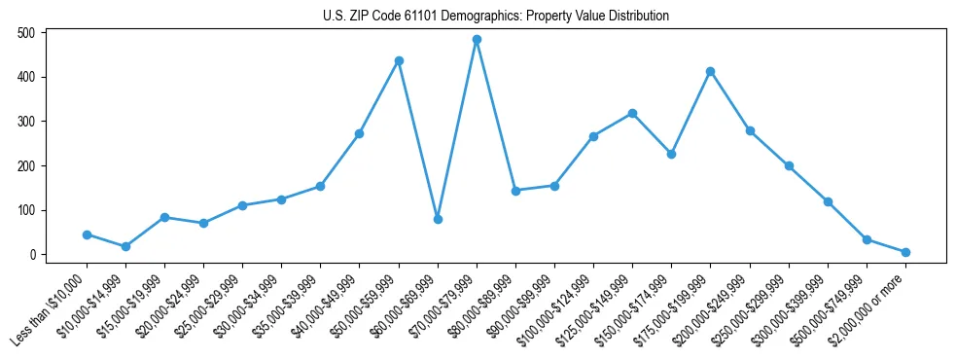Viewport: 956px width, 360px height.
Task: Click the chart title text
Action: coord(496,16)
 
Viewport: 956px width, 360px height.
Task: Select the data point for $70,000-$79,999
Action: coord(477,40)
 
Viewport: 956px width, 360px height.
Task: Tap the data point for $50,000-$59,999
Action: coord(399,60)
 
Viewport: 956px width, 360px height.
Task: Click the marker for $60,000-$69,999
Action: coord(438,219)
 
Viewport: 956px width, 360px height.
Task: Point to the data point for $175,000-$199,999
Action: coord(711,71)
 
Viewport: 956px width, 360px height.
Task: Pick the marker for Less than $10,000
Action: coord(87,234)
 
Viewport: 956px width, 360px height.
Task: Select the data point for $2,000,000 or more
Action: coord(905,252)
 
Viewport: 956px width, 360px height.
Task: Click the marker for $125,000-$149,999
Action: coord(632,113)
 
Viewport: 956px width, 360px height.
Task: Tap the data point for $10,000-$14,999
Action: coord(125,246)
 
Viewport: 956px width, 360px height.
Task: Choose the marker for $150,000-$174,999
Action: coord(671,154)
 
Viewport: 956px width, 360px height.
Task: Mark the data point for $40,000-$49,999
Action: coord(359,133)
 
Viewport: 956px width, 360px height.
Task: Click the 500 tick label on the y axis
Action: coord(26,32)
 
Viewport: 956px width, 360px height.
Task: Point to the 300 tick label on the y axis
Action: coord(26,122)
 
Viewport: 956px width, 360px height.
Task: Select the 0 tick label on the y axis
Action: coord(32,255)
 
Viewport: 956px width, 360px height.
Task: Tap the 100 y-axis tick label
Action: coord(26,210)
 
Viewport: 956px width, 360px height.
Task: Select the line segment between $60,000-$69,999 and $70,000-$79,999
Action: coord(457,129)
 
